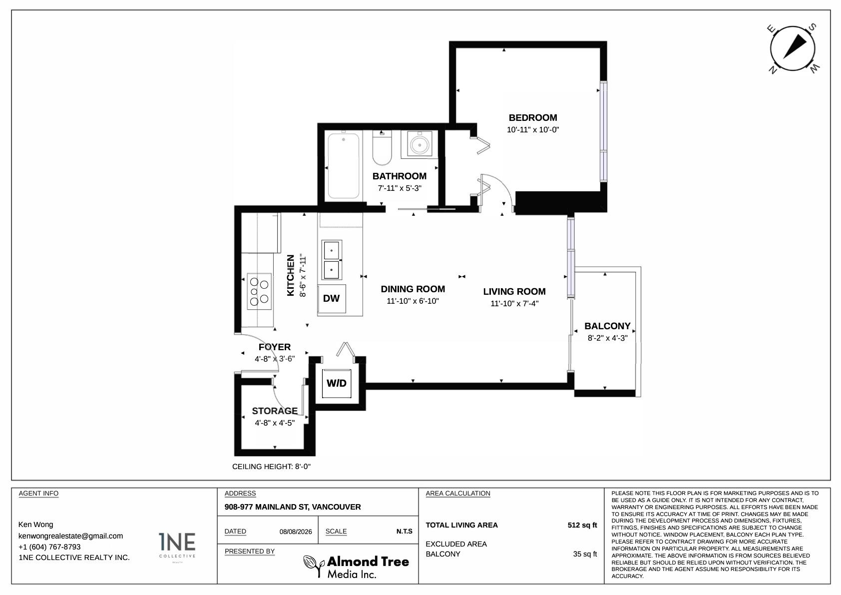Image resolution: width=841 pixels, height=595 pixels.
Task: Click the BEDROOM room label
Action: [533, 117]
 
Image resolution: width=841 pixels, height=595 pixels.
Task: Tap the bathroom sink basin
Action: [420, 144]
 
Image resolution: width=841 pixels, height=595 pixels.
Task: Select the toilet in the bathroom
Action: [382, 147]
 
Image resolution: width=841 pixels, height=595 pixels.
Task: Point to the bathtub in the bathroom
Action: [344, 165]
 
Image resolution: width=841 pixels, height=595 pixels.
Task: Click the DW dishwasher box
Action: [332, 299]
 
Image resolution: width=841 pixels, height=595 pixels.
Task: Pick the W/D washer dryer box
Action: [337, 383]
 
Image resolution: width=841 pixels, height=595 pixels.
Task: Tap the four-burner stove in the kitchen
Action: [259, 291]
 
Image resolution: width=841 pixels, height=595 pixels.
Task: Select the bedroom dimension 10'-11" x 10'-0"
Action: [533, 130]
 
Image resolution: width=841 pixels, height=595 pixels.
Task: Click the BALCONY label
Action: [607, 326]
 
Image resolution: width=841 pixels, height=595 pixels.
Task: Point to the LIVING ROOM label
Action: [514, 291]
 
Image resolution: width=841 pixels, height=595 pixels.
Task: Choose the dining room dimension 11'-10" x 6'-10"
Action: [413, 301]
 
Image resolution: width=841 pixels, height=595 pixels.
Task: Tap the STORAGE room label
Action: [275, 411]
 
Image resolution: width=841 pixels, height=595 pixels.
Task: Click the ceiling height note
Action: [272, 467]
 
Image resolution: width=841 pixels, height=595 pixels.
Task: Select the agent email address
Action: [70, 536]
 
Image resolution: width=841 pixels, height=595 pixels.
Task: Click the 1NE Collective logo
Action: [177, 547]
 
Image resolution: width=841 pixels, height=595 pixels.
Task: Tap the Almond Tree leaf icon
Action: [314, 566]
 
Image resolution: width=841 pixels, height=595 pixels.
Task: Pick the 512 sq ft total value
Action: [582, 525]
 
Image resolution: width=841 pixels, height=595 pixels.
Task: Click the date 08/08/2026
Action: [296, 532]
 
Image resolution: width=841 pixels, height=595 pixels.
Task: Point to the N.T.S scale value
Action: [404, 532]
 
